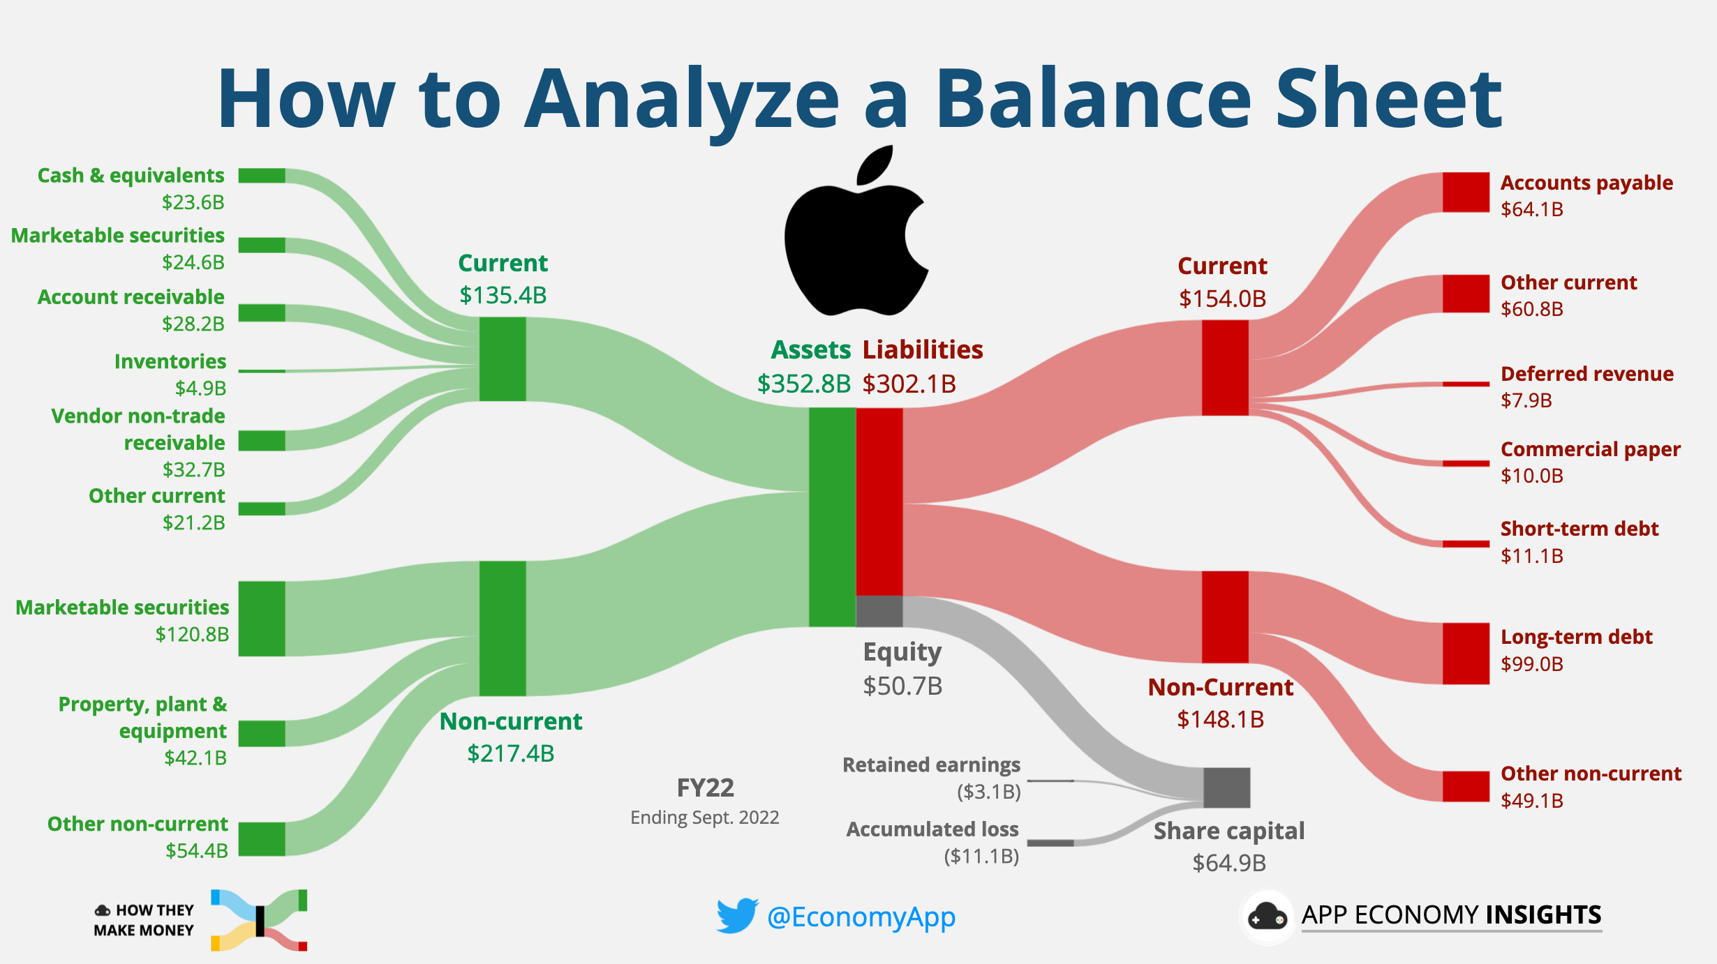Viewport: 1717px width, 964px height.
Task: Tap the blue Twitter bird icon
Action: pyautogui.click(x=736, y=915)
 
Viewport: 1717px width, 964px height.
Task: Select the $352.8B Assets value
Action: pyautogui.click(x=804, y=384)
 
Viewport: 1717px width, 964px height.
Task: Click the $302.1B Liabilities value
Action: pyautogui.click(x=909, y=384)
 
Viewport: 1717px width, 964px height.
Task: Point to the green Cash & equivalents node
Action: pyautogui.click(x=262, y=176)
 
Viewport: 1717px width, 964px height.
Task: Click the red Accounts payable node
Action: pyautogui.click(x=1466, y=193)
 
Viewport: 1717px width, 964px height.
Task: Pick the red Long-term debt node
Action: pyautogui.click(x=1466, y=654)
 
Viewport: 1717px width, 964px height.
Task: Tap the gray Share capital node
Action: pyautogui.click(x=1226, y=788)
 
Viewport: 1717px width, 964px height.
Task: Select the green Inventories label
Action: pyautogui.click(x=170, y=361)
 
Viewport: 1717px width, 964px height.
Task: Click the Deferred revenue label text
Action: pyautogui.click(x=1586, y=374)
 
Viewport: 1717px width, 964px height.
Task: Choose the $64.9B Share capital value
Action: pyautogui.click(x=1228, y=863)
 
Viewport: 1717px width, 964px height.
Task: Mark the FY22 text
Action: pyautogui.click(x=705, y=788)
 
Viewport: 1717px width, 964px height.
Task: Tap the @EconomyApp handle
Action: pyautogui.click(x=861, y=917)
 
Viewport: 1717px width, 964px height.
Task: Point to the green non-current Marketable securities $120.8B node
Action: pyautogui.click(x=262, y=619)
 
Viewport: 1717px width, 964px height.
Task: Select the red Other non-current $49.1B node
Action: pyautogui.click(x=1466, y=786)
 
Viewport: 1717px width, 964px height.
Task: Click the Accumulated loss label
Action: pyautogui.click(x=932, y=829)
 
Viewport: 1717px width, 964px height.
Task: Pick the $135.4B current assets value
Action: pyautogui.click(x=503, y=295)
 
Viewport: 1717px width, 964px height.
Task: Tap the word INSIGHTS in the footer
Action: pyautogui.click(x=1543, y=914)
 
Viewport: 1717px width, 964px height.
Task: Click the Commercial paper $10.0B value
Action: pyautogui.click(x=1531, y=476)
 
